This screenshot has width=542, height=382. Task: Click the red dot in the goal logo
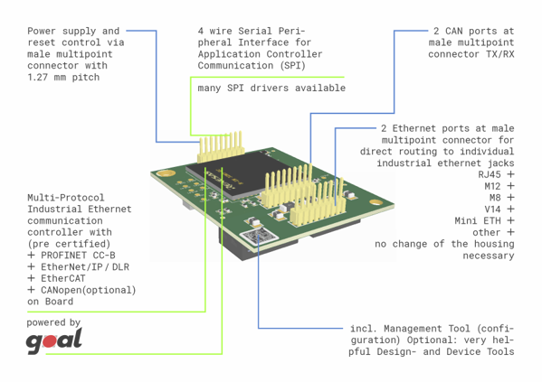click(x=50, y=341)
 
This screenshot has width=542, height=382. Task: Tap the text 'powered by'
click(x=53, y=322)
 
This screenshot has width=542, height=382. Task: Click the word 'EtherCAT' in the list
click(x=63, y=278)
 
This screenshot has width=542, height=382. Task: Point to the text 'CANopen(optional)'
click(x=88, y=290)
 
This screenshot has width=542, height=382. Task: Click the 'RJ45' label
click(x=490, y=174)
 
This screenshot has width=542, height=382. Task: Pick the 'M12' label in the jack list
click(x=492, y=186)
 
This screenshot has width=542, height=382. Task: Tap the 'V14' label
click(x=492, y=210)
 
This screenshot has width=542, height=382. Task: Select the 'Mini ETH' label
click(x=478, y=221)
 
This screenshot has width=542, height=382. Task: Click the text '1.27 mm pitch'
click(x=63, y=78)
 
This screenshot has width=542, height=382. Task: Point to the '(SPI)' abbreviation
click(x=293, y=66)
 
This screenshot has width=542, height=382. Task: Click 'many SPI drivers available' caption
click(x=271, y=88)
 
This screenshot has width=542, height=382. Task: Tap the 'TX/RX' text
click(x=499, y=54)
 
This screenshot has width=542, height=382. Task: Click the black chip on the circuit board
click(x=239, y=174)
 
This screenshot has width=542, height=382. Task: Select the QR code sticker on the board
click(x=260, y=236)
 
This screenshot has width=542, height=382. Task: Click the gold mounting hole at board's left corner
click(x=166, y=172)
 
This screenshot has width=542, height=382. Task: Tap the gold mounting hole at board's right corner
click(x=376, y=202)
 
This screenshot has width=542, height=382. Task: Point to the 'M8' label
click(x=495, y=198)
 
